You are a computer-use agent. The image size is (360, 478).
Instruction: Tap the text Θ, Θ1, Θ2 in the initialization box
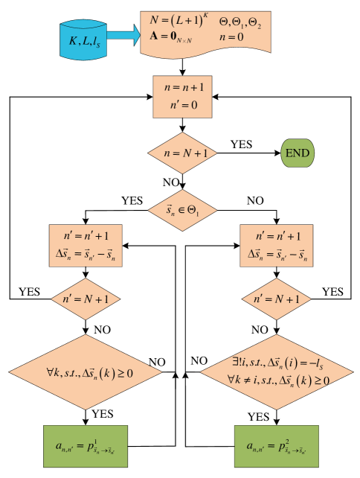(x=240, y=23)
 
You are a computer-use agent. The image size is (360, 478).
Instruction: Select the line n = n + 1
(x=184, y=87)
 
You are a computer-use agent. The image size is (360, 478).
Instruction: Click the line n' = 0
(x=184, y=104)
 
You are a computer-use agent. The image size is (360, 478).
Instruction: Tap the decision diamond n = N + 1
(x=184, y=153)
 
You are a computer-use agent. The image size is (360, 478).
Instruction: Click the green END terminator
(x=298, y=153)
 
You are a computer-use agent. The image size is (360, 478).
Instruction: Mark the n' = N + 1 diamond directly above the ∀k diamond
(x=86, y=299)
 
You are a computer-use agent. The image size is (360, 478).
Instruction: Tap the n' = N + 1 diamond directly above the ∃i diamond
(x=277, y=299)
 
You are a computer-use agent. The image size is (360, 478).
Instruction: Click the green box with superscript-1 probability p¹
(x=86, y=446)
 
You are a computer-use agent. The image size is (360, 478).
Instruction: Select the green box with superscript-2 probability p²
(x=277, y=446)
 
